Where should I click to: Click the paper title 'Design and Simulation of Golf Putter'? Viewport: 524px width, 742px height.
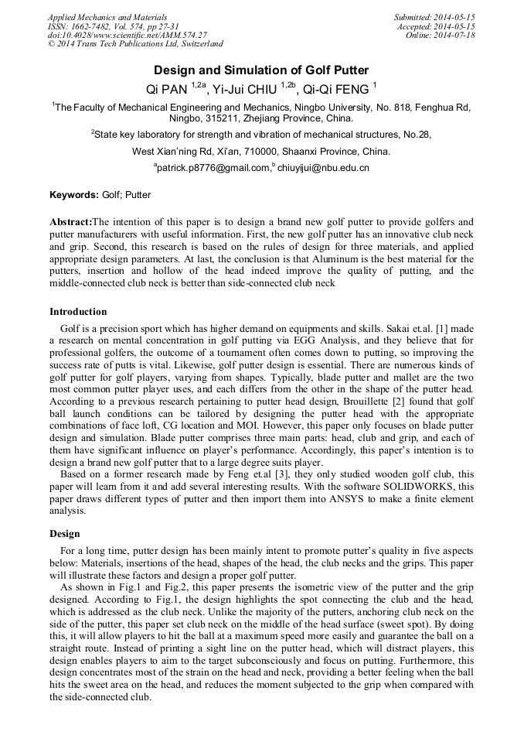[x=261, y=70]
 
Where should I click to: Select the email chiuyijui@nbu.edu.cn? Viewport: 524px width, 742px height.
[x=323, y=167]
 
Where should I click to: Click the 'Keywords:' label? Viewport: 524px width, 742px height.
[x=74, y=195]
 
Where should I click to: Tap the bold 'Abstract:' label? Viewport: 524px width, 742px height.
[x=70, y=221]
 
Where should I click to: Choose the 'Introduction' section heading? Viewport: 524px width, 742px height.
[x=78, y=312]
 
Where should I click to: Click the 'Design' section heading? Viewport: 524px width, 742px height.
[x=65, y=534]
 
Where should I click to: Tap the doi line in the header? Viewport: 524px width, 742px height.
[x=127, y=36]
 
